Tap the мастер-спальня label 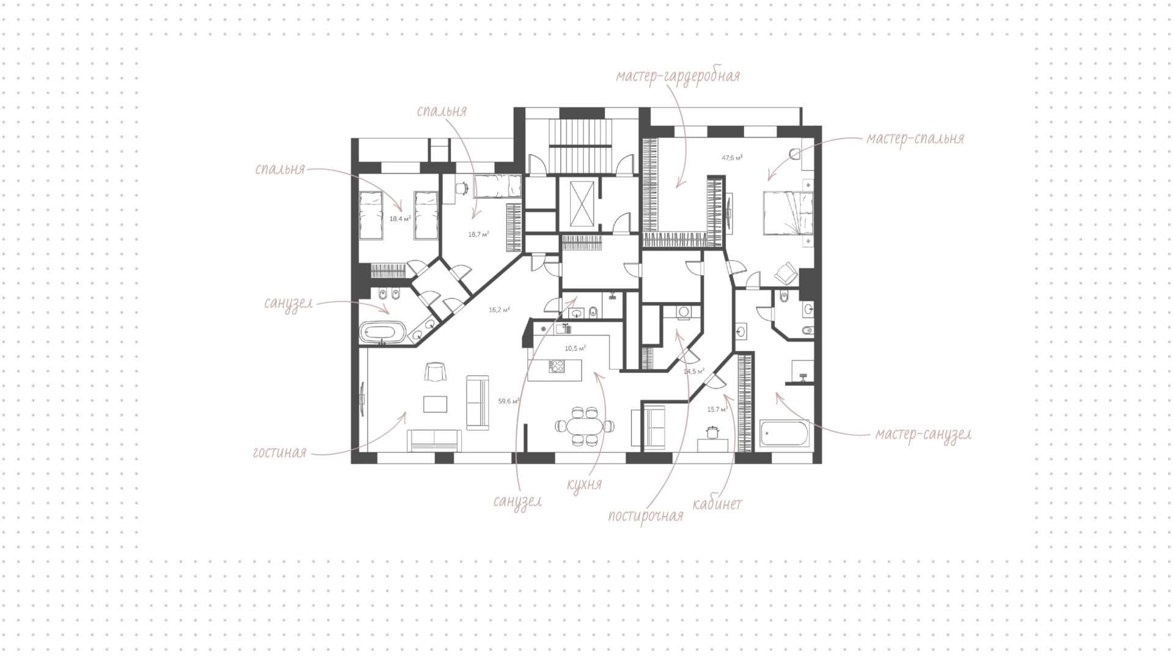click(x=915, y=139)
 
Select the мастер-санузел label click(x=923, y=435)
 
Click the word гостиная click(x=279, y=453)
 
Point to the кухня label click(x=584, y=485)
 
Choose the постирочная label click(x=646, y=515)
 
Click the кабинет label click(x=717, y=504)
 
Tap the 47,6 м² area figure click(x=732, y=158)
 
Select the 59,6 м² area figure click(x=508, y=402)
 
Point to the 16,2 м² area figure click(x=499, y=310)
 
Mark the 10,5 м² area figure click(x=575, y=348)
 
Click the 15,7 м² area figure click(x=717, y=410)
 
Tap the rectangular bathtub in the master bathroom click(x=784, y=433)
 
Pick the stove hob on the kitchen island click(x=557, y=367)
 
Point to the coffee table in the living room click(x=435, y=404)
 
